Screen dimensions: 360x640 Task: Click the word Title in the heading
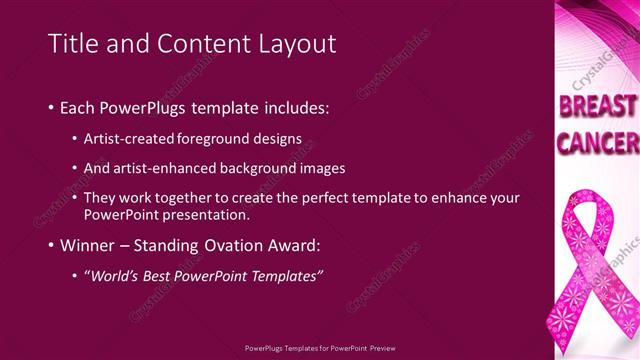tap(73, 43)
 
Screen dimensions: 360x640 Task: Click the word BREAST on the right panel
tap(597, 107)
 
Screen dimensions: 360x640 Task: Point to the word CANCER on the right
tap(597, 144)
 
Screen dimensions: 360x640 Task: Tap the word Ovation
tap(237, 245)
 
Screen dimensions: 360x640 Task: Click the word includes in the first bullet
tap(293, 106)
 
